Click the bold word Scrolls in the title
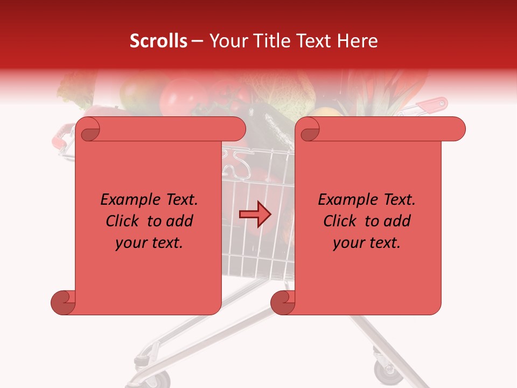pos(158,41)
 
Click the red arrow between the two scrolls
pos(255,214)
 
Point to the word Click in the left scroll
pos(124,221)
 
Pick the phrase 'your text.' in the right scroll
pos(367,242)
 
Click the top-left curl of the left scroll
pos(88,129)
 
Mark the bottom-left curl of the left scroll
pos(62,302)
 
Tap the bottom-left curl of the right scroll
pos(282,302)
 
